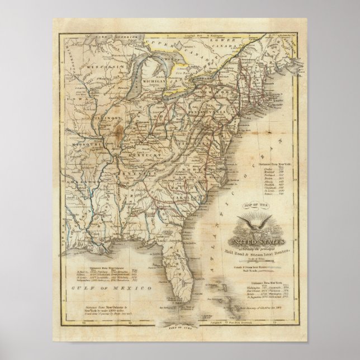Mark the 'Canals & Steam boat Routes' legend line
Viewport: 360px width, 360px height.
(260, 266)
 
